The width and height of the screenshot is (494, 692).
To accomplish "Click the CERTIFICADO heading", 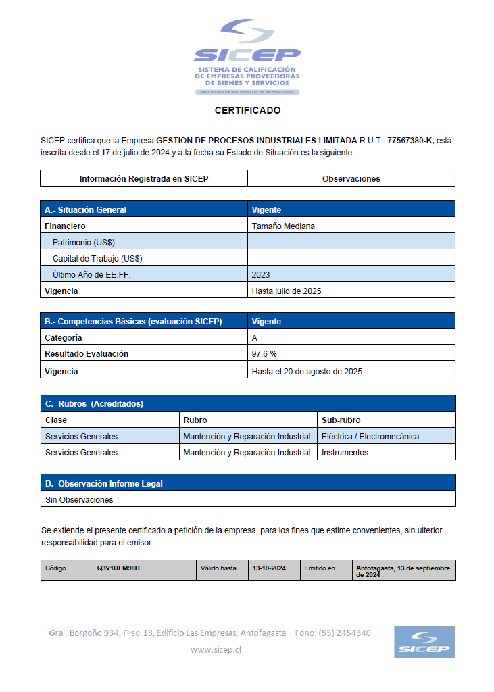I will coord(247,110).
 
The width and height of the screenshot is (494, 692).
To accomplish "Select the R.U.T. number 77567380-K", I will coord(410,141).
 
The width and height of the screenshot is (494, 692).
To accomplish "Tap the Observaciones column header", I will coord(351,179).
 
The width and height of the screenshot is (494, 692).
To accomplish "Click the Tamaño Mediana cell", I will coord(283,226).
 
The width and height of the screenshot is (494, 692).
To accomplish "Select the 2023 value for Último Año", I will coord(261,275).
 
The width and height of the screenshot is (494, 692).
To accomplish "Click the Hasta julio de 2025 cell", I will coord(286,291).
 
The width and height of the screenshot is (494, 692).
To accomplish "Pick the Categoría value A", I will coord(255,338).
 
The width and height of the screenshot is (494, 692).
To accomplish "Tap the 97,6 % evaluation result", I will coord(264,354).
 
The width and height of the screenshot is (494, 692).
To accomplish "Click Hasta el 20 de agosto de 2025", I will coord(307,372).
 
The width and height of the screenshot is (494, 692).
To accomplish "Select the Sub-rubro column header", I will coord(341,420).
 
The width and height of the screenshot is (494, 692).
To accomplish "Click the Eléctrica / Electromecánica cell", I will coord(370,437).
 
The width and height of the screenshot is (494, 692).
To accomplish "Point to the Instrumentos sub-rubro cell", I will coord(345,453).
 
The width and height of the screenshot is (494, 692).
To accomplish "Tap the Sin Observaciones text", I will coord(79,500).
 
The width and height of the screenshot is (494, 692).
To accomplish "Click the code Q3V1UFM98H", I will coord(118,568).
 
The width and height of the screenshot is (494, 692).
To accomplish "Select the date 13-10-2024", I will coord(269,568).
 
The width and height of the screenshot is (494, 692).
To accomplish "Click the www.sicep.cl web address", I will coord(216,650).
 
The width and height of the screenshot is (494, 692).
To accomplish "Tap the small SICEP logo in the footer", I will coord(424,642).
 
